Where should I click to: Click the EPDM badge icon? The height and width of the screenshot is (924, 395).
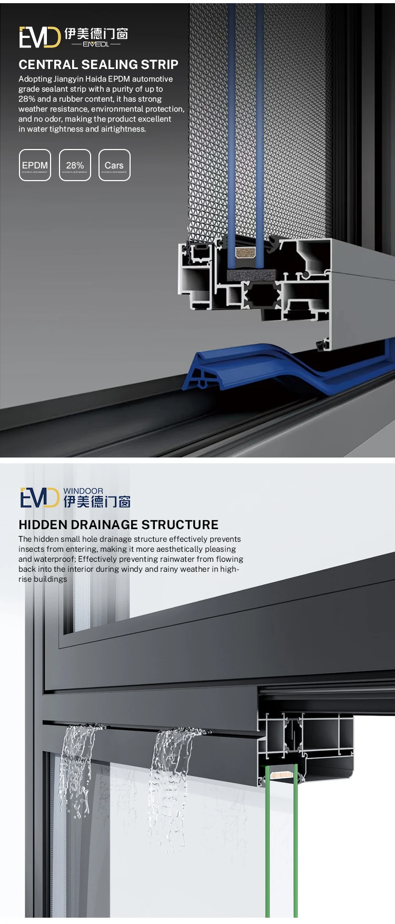(x=35, y=165)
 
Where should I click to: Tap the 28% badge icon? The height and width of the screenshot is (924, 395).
(x=75, y=165)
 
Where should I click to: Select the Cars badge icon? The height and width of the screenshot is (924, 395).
(x=114, y=165)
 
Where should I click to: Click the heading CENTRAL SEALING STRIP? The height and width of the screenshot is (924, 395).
(x=98, y=65)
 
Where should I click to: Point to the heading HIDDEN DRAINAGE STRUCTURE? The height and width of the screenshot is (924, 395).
(x=118, y=524)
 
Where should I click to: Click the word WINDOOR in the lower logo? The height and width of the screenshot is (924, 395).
(x=83, y=491)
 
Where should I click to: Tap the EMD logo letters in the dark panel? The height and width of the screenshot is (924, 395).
(x=39, y=37)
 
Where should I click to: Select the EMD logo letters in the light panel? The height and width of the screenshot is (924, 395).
(x=39, y=498)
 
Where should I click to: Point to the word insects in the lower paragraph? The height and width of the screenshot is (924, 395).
(x=31, y=549)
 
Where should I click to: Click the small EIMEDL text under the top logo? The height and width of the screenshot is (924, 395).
(x=96, y=44)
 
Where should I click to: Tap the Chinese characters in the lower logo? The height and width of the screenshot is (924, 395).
(x=97, y=502)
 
